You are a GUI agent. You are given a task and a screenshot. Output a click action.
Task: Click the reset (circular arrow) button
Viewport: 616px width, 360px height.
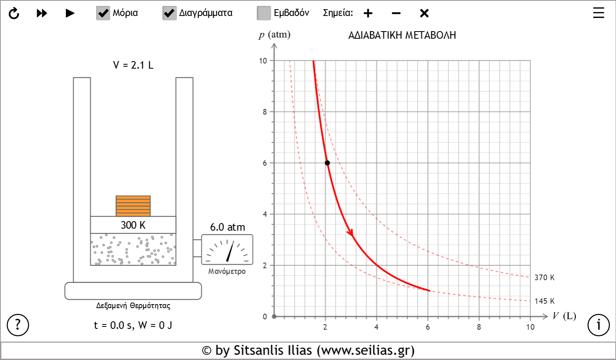click(14, 13)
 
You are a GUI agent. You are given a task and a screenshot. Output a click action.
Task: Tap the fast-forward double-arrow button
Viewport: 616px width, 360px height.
click(42, 13)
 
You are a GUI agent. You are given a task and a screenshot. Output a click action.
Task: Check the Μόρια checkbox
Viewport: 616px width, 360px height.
click(103, 13)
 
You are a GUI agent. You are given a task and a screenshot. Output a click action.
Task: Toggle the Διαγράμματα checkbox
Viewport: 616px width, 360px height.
click(170, 13)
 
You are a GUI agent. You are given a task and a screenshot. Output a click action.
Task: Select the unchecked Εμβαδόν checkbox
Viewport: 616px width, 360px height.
click(264, 13)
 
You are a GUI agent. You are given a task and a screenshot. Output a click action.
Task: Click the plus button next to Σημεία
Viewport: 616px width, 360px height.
click(368, 13)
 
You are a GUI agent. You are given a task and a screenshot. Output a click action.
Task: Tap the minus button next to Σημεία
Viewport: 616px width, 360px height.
click(396, 13)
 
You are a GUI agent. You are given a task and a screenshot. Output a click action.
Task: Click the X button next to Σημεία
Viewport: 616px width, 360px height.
click(424, 13)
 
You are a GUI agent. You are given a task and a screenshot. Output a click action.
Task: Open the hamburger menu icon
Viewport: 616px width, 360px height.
click(598, 13)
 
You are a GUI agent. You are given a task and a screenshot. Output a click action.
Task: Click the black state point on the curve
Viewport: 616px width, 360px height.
click(327, 163)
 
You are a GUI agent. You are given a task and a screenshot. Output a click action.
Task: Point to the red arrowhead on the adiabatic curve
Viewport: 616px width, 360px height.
click(350, 232)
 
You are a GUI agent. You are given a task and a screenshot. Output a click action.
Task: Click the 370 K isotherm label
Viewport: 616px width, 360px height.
click(545, 277)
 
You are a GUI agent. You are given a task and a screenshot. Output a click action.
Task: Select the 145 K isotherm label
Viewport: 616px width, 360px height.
click(545, 301)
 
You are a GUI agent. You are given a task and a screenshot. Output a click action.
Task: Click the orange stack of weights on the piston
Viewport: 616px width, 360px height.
click(133, 206)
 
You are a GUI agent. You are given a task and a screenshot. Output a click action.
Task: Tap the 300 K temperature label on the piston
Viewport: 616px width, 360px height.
click(133, 225)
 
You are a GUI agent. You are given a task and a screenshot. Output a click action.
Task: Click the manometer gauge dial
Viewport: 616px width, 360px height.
click(227, 249)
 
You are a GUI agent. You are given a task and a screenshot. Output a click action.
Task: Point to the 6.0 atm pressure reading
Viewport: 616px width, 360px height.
click(228, 227)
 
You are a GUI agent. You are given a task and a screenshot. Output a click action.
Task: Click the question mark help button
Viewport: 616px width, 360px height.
click(18, 325)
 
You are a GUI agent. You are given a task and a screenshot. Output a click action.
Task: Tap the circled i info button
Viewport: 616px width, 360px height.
click(598, 325)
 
